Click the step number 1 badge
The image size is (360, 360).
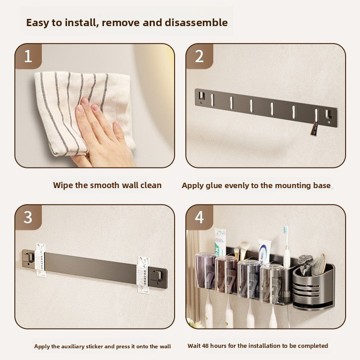pos(28,56)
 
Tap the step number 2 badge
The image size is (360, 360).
pos(199,56)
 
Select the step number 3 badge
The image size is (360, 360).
pos(28,217)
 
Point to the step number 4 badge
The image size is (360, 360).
pos(199,217)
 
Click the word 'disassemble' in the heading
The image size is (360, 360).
pos(196,22)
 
